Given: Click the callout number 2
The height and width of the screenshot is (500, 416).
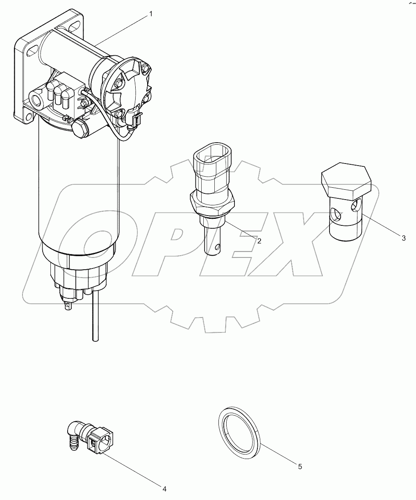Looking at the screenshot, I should click(x=259, y=241).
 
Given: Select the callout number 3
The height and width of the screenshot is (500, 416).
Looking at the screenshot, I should click(x=403, y=238).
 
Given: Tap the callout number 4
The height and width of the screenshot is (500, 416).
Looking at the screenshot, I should click(x=164, y=489).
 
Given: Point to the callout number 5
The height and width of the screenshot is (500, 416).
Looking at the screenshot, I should click(x=300, y=466).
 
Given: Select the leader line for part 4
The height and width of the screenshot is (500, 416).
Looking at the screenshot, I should click(x=131, y=470).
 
